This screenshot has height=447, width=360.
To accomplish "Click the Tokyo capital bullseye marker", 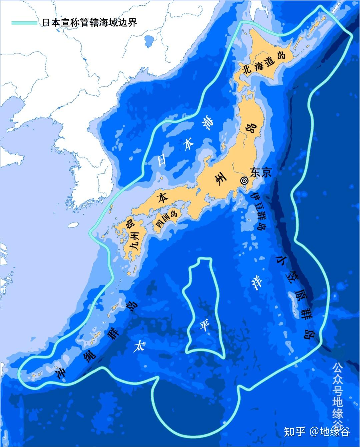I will pyautogui.click(x=244, y=180).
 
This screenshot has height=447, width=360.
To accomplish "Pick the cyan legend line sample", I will pyautogui.click(x=24, y=23).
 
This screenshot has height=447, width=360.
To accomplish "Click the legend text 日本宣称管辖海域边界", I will pyautogui.click(x=90, y=23).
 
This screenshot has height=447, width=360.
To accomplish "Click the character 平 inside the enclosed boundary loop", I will pyautogui.click(x=204, y=325).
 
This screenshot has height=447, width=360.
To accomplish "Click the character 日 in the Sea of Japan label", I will pyautogui.click(x=162, y=159).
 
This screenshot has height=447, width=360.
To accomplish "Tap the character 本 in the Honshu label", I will pyautogui.click(x=164, y=198).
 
